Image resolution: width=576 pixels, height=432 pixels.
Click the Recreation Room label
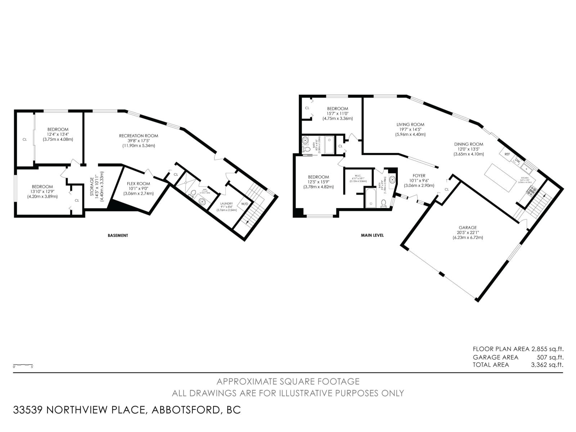coord(139,136)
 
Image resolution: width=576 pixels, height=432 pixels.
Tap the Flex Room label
coord(138,184)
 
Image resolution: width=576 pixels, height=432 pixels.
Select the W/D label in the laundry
coord(244,204)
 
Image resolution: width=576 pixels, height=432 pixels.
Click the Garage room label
coord(468,228)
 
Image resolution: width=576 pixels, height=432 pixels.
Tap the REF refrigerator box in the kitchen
coord(507,154)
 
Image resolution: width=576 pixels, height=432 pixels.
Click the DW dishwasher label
coord(517,161)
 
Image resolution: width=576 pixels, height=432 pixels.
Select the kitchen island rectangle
coord(500,179)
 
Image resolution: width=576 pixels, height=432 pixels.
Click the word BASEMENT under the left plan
coord(118,235)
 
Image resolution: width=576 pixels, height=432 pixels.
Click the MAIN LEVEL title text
coord(372,235)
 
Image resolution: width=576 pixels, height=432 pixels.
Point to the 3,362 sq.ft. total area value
coord(547,365)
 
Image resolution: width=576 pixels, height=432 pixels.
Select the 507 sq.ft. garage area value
coord(550,357)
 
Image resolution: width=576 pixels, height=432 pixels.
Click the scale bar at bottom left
coord(23,365)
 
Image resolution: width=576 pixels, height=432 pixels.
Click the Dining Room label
coord(468,144)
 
